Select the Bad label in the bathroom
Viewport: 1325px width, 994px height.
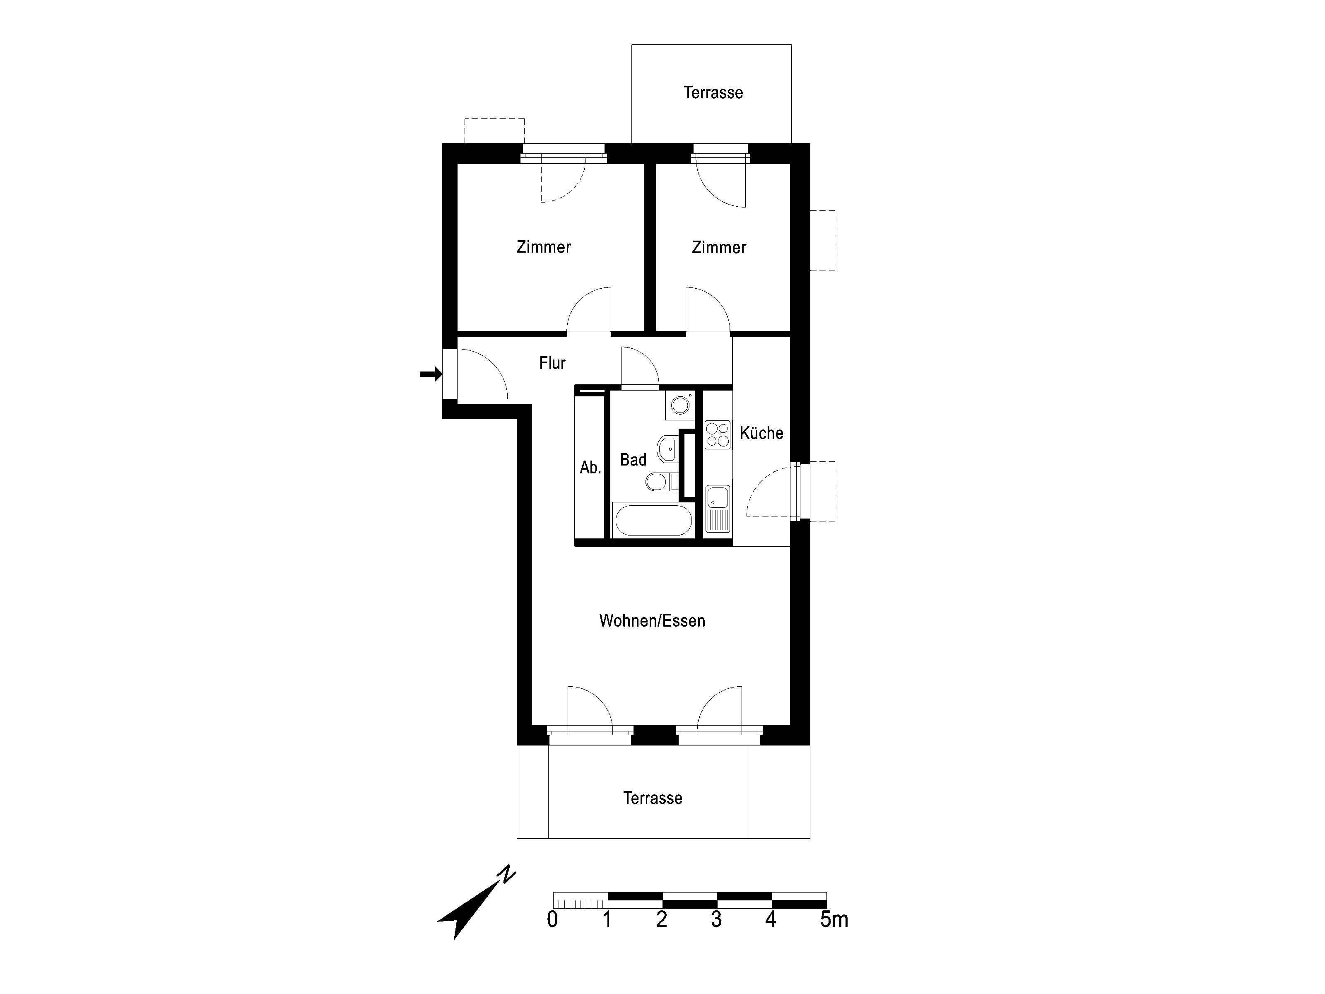[x=633, y=460]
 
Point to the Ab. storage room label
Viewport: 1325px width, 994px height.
[x=590, y=467]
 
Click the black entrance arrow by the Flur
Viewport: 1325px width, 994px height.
[x=431, y=374]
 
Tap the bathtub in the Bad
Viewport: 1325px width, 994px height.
[x=652, y=521]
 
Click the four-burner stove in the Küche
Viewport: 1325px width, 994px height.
[x=718, y=435]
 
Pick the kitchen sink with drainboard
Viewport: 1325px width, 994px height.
[x=718, y=509]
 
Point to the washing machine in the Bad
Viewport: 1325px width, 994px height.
[x=680, y=405]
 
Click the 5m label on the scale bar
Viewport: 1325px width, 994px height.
[x=834, y=920]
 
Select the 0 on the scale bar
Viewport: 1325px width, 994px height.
[x=552, y=920]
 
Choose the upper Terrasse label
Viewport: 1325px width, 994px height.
[x=713, y=92]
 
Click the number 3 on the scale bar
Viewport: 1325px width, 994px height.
[x=716, y=920]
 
